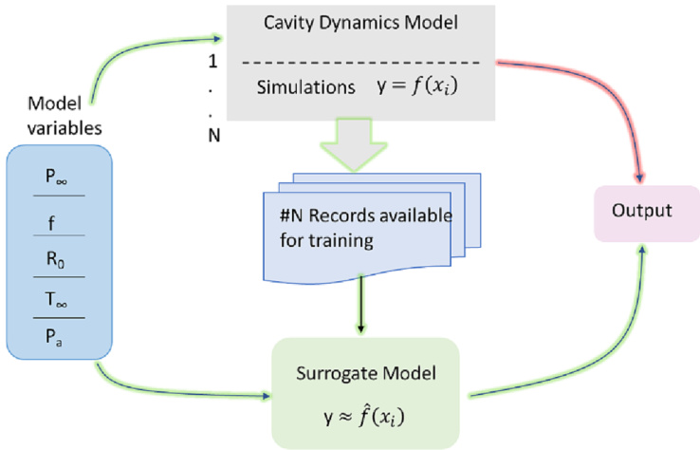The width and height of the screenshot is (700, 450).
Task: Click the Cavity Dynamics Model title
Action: pyautogui.click(x=369, y=26)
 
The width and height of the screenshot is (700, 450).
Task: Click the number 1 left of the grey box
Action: pyautogui.click(x=214, y=63)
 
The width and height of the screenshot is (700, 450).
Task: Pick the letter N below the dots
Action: pyautogui.click(x=214, y=134)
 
